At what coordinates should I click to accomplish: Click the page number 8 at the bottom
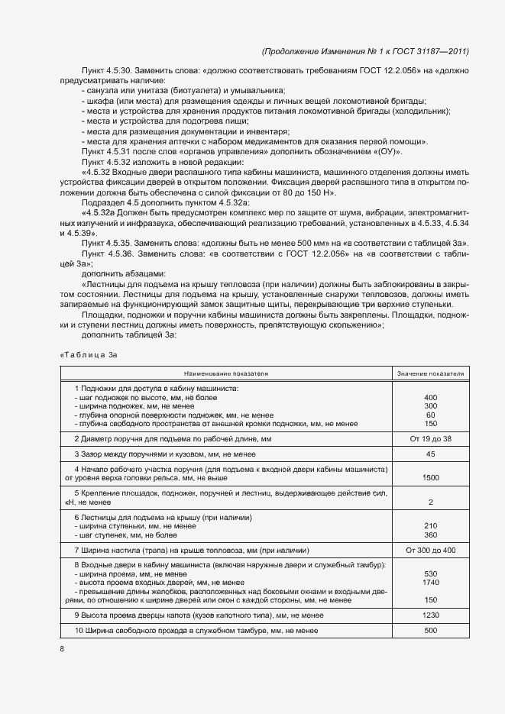pos(62,649)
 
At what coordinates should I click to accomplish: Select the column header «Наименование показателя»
pos(225,373)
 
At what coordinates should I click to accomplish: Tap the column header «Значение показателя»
pos(430,373)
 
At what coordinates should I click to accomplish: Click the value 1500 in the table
pos(431,477)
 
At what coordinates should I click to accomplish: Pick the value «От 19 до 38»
pos(431,439)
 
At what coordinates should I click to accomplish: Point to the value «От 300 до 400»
pos(431,550)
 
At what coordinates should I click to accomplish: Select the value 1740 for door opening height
pos(431,583)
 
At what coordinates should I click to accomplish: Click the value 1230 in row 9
pos(431,615)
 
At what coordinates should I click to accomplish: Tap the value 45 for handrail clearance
pos(431,454)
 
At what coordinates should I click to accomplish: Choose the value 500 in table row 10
pos(431,631)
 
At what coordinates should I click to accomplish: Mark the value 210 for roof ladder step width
pos(431,526)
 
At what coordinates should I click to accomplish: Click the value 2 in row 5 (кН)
pos(431,502)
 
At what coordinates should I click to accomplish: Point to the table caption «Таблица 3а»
pos(89,354)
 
